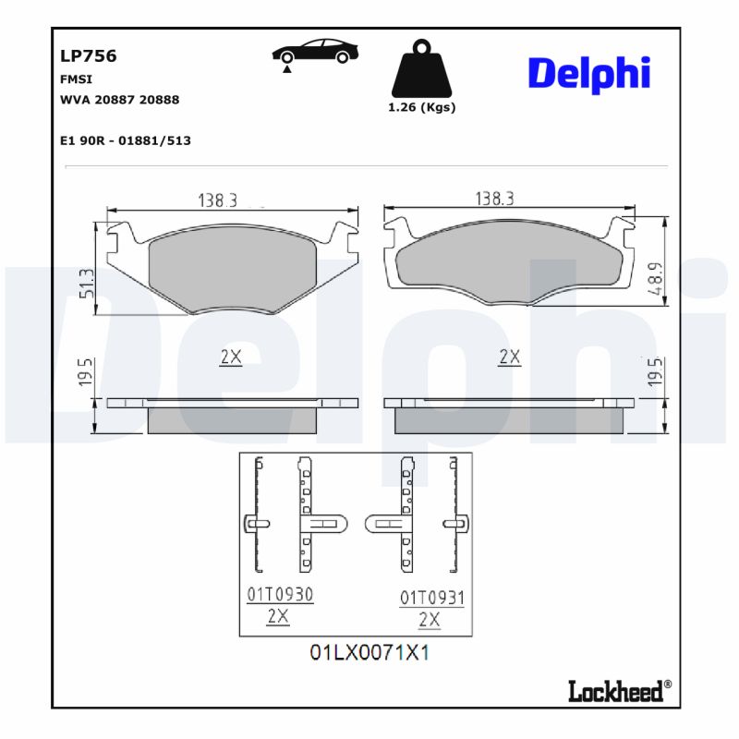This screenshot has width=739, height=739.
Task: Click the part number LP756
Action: pos(88,55)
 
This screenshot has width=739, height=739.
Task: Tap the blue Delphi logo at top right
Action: pos(588,73)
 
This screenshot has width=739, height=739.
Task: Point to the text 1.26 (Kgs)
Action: pos(421,107)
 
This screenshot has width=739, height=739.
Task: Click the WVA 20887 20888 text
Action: pos(119,99)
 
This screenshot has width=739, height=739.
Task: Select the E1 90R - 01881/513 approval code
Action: pos(125,140)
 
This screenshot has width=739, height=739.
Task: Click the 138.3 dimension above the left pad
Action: pos(218,200)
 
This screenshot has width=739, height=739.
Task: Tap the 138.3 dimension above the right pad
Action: pos(494,199)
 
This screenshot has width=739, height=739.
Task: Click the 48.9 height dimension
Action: pos(654,278)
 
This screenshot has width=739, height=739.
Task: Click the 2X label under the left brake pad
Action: pos(231,357)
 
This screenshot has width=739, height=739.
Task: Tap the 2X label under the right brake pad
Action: pos(509,357)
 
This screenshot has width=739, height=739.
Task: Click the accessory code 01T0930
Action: pos(279,596)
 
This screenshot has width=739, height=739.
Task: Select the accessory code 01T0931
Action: pos(431,599)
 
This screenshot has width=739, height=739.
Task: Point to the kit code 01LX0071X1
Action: pos(369,653)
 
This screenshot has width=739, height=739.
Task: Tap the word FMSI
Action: pos(76,79)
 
